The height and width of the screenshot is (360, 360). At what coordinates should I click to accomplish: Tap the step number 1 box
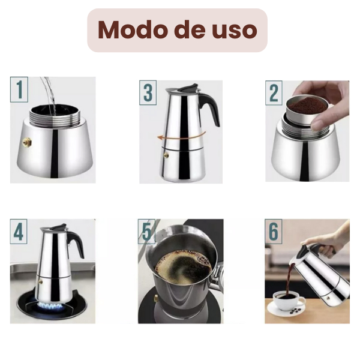tap(19, 89)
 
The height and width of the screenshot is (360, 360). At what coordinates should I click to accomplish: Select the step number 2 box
tap(274, 93)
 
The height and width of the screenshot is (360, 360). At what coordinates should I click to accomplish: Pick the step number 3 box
tap(148, 93)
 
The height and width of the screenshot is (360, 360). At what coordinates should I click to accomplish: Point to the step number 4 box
tap(19, 232)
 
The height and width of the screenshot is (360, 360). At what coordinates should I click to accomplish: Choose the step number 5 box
tap(146, 232)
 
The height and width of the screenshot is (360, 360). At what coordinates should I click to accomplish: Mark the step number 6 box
tap(274, 232)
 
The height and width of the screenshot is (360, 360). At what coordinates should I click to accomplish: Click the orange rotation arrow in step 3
tap(181, 136)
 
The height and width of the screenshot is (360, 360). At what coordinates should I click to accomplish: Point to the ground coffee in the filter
tap(307, 106)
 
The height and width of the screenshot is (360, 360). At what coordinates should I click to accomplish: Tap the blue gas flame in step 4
tap(50, 305)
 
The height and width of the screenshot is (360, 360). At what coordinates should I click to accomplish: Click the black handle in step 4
tap(76, 244)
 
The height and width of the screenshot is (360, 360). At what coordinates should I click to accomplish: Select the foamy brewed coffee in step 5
tap(183, 266)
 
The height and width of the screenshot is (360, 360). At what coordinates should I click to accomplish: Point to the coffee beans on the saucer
tap(295, 311)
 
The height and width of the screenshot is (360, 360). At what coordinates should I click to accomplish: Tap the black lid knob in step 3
tap(190, 88)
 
